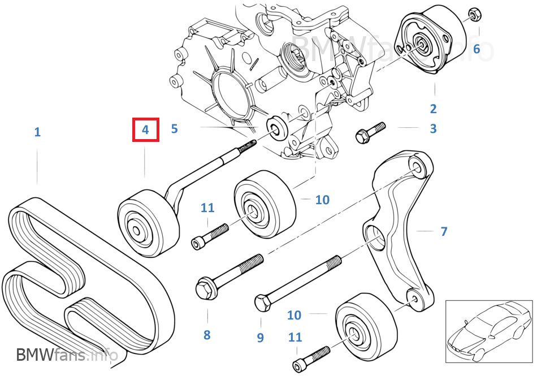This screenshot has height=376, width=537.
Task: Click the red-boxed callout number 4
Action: pos(145,129)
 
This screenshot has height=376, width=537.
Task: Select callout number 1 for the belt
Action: pos(37,132)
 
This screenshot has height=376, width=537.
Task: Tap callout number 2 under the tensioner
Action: pos(433,109)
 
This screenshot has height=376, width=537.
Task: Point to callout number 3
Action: pos(433,128)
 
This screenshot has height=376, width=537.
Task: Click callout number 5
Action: pos(174,128)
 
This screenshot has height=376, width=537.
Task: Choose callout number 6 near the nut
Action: pos(477,49)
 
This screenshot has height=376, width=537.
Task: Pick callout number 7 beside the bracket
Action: pos(444,231)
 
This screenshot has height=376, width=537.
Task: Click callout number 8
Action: pos(207,335)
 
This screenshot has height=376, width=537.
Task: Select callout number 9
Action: pos(260,338)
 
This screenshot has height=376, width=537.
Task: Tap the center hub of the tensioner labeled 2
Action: pos(421,44)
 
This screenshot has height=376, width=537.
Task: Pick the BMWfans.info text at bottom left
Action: pos(67,355)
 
